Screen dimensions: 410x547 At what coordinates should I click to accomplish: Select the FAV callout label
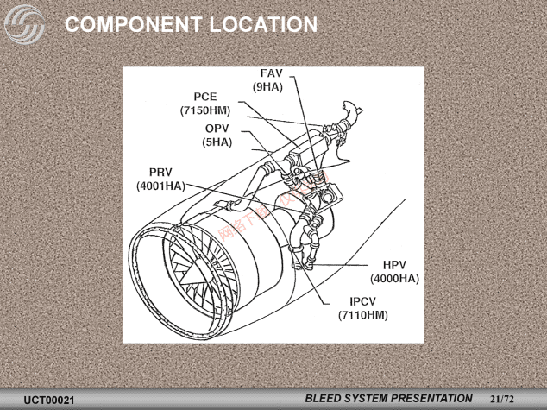tap(271, 73)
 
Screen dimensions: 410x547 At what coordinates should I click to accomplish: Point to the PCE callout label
tap(204, 97)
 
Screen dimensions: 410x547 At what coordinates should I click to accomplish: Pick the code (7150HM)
tap(205, 110)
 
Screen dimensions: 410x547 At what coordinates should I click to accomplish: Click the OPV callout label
tap(217, 129)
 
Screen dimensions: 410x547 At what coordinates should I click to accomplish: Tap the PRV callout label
tap(161, 171)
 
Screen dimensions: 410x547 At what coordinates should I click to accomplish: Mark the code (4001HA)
tap(161, 185)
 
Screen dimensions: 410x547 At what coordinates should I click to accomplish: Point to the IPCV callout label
tap(363, 302)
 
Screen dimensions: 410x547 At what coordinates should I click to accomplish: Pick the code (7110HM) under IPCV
tap(363, 315)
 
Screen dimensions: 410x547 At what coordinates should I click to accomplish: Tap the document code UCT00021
tap(49, 401)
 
